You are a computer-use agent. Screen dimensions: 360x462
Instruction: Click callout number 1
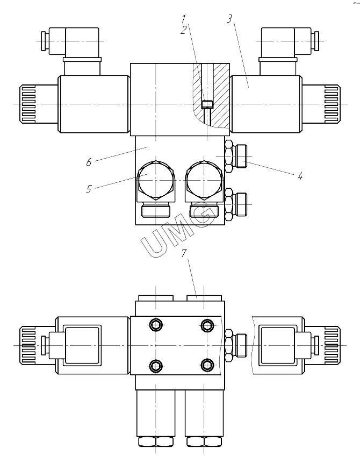tap(184, 19)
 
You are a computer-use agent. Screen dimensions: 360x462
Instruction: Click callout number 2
tap(184, 30)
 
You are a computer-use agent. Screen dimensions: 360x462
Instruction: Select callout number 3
tap(229, 19)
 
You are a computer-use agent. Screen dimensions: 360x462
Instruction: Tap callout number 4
tap(300, 176)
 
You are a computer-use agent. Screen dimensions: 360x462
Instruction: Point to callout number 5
tap(89, 189)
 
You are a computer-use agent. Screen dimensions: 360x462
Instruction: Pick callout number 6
tap(89, 162)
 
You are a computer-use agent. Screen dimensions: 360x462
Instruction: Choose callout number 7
tap(184, 253)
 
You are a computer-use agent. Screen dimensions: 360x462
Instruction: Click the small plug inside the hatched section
tap(207, 104)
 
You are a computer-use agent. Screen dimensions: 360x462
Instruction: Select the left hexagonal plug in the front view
tap(156, 181)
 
